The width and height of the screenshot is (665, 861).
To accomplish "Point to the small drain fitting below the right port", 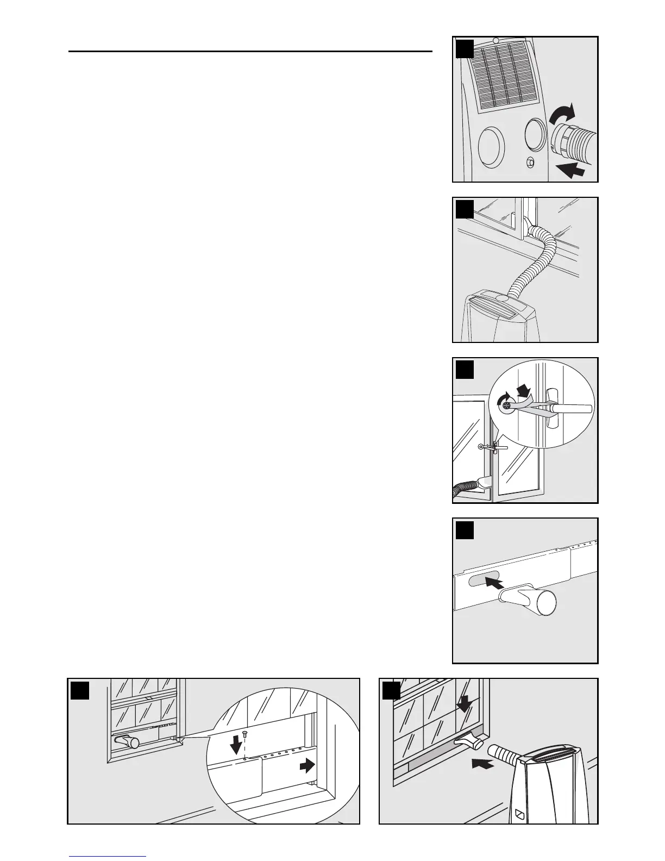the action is point(530,162).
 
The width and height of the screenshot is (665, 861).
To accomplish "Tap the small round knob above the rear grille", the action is point(495,41).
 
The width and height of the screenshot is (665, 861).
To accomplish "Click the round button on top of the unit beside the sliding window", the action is point(503,298).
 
